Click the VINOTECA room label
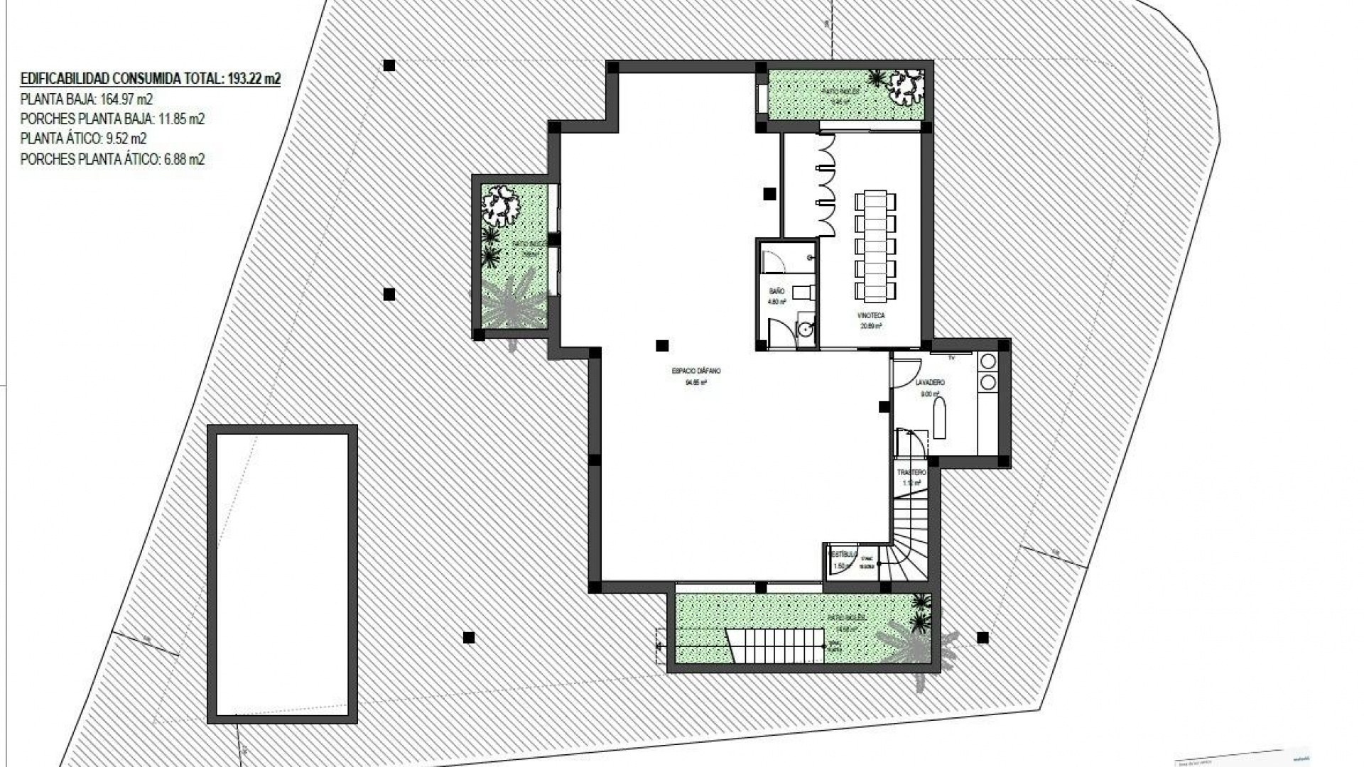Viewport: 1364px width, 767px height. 871,315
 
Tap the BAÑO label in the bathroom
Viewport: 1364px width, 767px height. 776,291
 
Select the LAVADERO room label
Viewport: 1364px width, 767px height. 930,383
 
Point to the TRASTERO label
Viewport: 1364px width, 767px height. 911,472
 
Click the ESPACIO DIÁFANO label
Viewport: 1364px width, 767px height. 696,371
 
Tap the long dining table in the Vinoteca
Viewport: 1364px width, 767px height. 875,245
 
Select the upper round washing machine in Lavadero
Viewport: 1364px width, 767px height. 988,361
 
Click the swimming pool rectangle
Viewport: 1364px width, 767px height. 282,574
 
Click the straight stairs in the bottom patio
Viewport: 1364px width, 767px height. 774,645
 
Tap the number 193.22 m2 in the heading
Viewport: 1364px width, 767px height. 254,79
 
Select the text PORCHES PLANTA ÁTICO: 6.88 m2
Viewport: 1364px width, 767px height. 112,159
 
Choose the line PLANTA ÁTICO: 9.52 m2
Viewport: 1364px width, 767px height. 84,138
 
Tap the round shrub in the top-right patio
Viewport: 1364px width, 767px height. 906,85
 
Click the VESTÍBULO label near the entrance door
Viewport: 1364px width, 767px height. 843,553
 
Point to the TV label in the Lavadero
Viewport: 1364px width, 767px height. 951,358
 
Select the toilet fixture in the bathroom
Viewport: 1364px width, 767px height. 802,292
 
